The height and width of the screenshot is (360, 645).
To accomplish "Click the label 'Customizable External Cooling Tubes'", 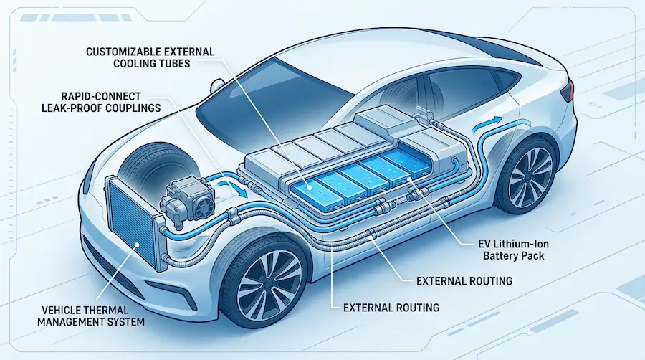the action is click(x=150, y=57).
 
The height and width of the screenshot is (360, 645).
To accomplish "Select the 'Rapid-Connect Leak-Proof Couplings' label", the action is click(x=101, y=102).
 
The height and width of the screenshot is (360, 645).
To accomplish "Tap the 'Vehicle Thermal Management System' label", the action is click(x=91, y=316).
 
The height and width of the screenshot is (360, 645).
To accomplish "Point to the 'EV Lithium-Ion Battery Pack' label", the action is click(x=513, y=250).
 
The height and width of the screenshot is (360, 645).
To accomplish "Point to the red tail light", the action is click(x=568, y=90).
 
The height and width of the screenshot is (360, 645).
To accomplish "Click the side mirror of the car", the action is click(x=216, y=86).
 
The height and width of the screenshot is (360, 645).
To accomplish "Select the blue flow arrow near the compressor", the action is click(x=232, y=187).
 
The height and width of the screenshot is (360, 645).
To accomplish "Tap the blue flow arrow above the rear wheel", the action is click(x=487, y=123).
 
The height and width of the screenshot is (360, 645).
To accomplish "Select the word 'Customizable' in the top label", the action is click(x=121, y=52).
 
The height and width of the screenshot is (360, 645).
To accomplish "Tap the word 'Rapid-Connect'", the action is click(x=101, y=96).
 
